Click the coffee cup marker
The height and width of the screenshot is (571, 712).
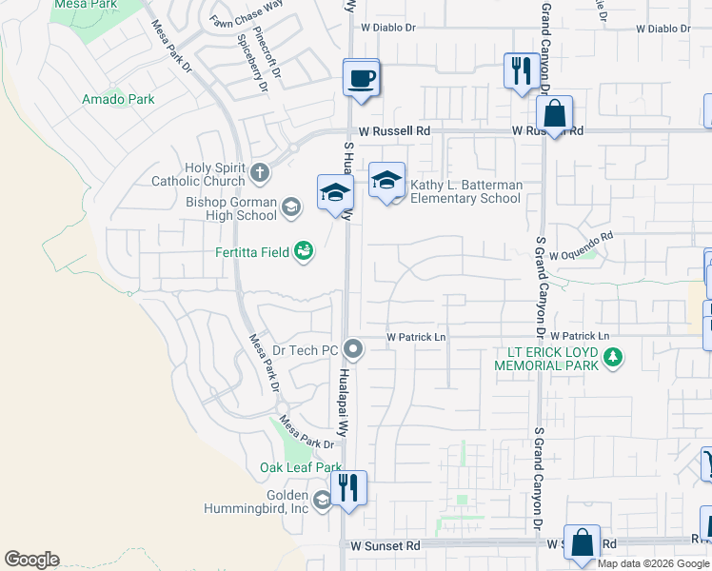coord(362,78)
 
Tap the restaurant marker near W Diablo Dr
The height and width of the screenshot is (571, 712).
coord(521,71)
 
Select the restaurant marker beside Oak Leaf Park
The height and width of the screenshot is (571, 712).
coord(348,489)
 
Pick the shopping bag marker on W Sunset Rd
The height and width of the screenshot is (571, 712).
coord(582,543)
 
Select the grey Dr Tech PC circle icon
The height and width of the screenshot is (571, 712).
coord(353,350)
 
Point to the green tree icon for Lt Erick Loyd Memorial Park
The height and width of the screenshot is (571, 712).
coord(615,358)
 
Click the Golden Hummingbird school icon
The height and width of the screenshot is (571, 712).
coord(323,501)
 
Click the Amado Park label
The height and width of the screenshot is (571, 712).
coord(118,99)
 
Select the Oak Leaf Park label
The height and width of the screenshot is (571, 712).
coord(300,467)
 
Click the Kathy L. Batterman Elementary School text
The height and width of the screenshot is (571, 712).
coord(465,191)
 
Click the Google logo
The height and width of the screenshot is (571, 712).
coord(31,560)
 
